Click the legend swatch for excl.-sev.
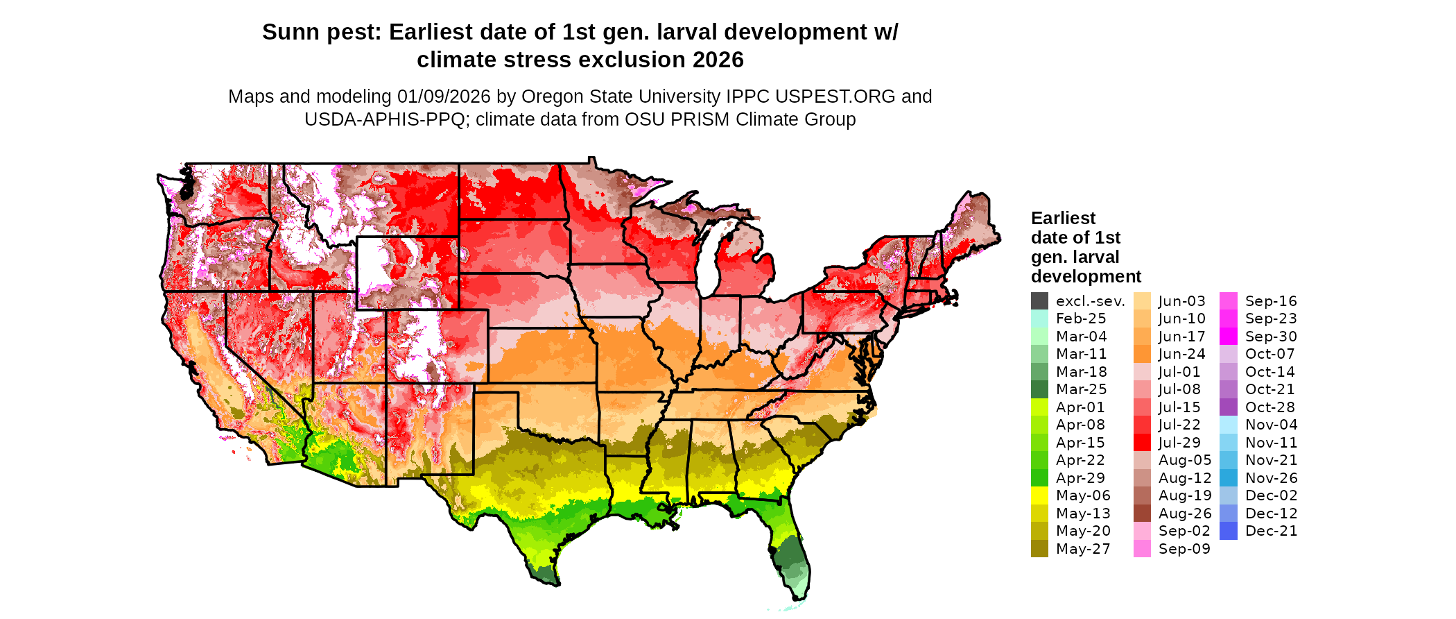(1039, 301)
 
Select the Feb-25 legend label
(1081, 319)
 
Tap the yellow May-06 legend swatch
(1039, 495)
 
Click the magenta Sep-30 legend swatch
(1228, 337)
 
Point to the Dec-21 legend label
(1271, 531)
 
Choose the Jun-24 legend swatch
(1142, 354)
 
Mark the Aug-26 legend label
(1185, 514)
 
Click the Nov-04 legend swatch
(1228, 425)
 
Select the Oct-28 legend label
(1269, 407)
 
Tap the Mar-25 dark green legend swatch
(1039, 389)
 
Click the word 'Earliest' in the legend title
(1063, 219)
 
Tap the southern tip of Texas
(547, 582)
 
